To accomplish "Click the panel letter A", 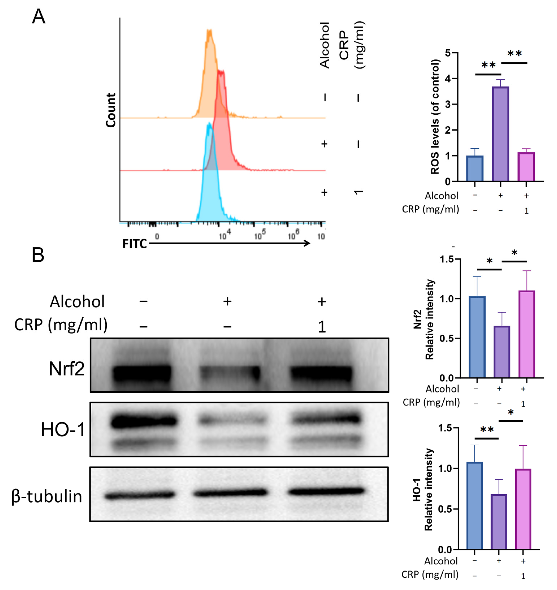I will click(x=39, y=17).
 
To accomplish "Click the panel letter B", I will click(x=38, y=255).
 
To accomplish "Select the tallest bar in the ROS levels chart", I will click(x=500, y=134).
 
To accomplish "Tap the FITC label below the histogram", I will click(x=135, y=244).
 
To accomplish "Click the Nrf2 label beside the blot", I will click(x=67, y=369).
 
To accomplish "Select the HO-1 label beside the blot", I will click(x=63, y=430).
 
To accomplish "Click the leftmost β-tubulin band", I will click(x=140, y=495).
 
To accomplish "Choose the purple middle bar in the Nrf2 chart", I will click(x=502, y=352).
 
